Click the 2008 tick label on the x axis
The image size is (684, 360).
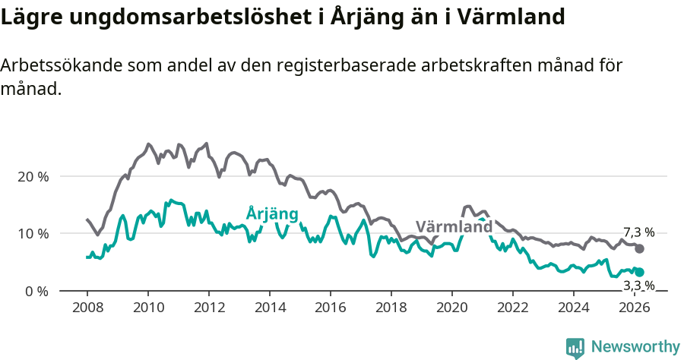coord(87,308)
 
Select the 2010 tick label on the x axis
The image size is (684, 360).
coord(147,308)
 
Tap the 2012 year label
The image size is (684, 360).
coord(208,308)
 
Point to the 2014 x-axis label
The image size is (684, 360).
coord(269,308)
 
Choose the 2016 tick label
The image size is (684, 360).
coord(330,308)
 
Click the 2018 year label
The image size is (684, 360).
coord(391,308)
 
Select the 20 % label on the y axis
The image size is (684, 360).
coord(33,176)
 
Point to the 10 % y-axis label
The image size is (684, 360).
coord(33,234)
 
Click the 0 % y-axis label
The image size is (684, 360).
coord(36,292)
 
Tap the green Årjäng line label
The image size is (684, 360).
coord(271,213)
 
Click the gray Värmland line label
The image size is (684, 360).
coord(454,227)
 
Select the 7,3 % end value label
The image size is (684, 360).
coord(638,232)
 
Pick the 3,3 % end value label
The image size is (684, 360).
coord(638,286)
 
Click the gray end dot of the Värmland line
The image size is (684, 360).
coord(640,249)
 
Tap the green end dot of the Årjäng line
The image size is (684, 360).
coord(640,272)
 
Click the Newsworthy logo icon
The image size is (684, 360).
coord(575,348)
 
